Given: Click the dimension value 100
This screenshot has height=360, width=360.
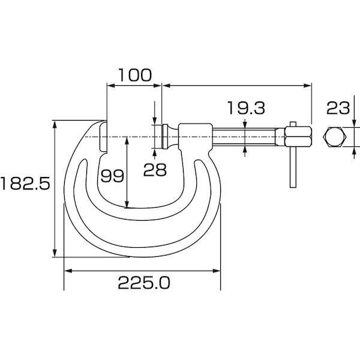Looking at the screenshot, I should coord(134,75).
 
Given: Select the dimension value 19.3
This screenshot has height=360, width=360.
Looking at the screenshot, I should coord(246,108).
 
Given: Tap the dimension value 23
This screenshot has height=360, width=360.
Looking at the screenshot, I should coord(337,109).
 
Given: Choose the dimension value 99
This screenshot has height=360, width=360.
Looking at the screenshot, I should coord(112,176).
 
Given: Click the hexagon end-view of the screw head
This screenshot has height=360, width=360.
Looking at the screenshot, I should coord(335,137).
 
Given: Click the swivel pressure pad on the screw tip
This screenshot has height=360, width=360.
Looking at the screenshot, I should coord(161,136).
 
